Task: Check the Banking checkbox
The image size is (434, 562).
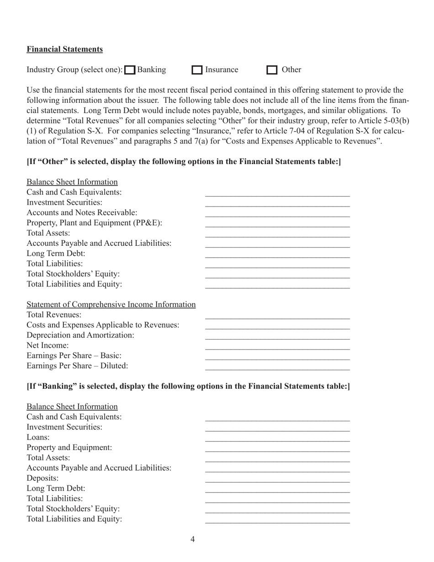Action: pyautogui.click(x=130, y=70)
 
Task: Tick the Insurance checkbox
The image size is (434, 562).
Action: pyautogui.click(x=197, y=70)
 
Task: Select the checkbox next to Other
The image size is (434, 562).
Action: pyautogui.click(x=272, y=70)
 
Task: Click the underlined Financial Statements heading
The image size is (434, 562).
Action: pyautogui.click(x=64, y=49)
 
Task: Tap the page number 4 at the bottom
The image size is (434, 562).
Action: pyautogui.click(x=193, y=540)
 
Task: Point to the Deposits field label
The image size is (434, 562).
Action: pyautogui.click(x=43, y=478)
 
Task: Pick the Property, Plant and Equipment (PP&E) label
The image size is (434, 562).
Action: pyautogui.click(x=95, y=223)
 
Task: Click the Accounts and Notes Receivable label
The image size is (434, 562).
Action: pyautogui.click(x=82, y=212)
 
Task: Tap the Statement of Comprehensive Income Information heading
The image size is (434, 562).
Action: pyautogui.click(x=111, y=304)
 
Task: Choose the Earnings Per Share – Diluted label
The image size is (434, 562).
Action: pyautogui.click(x=77, y=366)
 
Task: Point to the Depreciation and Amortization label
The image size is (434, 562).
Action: pyautogui.click(x=80, y=335)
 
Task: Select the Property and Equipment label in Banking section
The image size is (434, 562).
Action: pyautogui.click(x=69, y=447)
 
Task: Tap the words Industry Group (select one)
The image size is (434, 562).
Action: pyautogui.click(x=74, y=70)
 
